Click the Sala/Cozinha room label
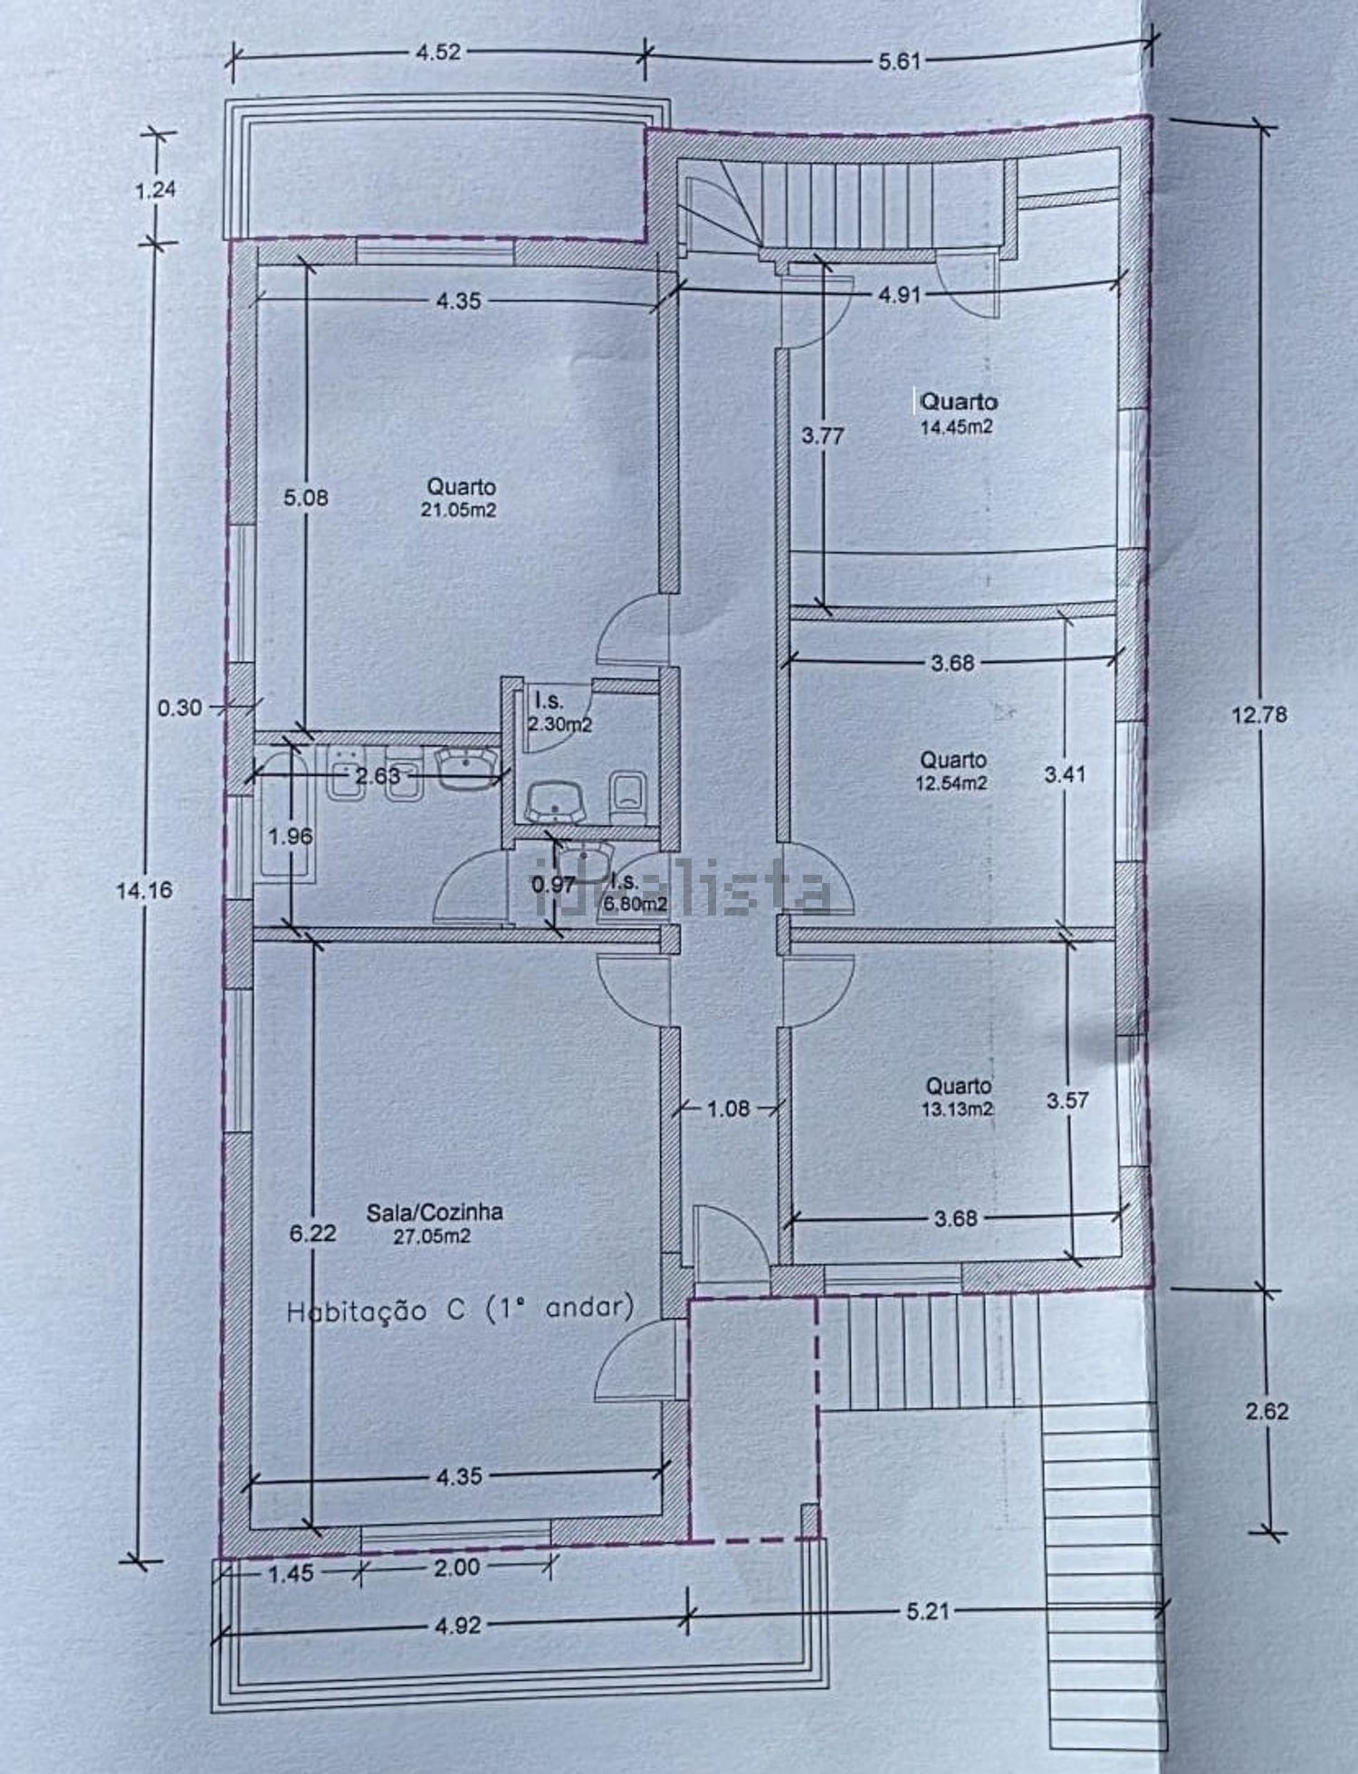point(435,1212)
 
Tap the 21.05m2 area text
point(458,510)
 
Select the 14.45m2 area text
point(957,427)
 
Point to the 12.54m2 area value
point(952,783)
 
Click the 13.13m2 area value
point(958,1108)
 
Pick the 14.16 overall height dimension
point(144,890)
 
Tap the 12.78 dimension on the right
point(1258,714)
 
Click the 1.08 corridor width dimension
point(728,1108)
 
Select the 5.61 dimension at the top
point(899,62)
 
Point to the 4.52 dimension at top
point(438,52)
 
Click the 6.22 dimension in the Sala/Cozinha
point(312,1232)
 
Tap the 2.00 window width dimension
point(456,1568)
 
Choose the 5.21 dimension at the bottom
point(928,1611)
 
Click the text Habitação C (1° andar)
point(460,1309)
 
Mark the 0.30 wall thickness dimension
point(179,707)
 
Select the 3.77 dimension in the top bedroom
point(822,436)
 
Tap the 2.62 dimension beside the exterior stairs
point(1267,1411)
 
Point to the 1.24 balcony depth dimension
point(155,190)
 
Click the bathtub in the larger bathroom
point(286,812)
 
